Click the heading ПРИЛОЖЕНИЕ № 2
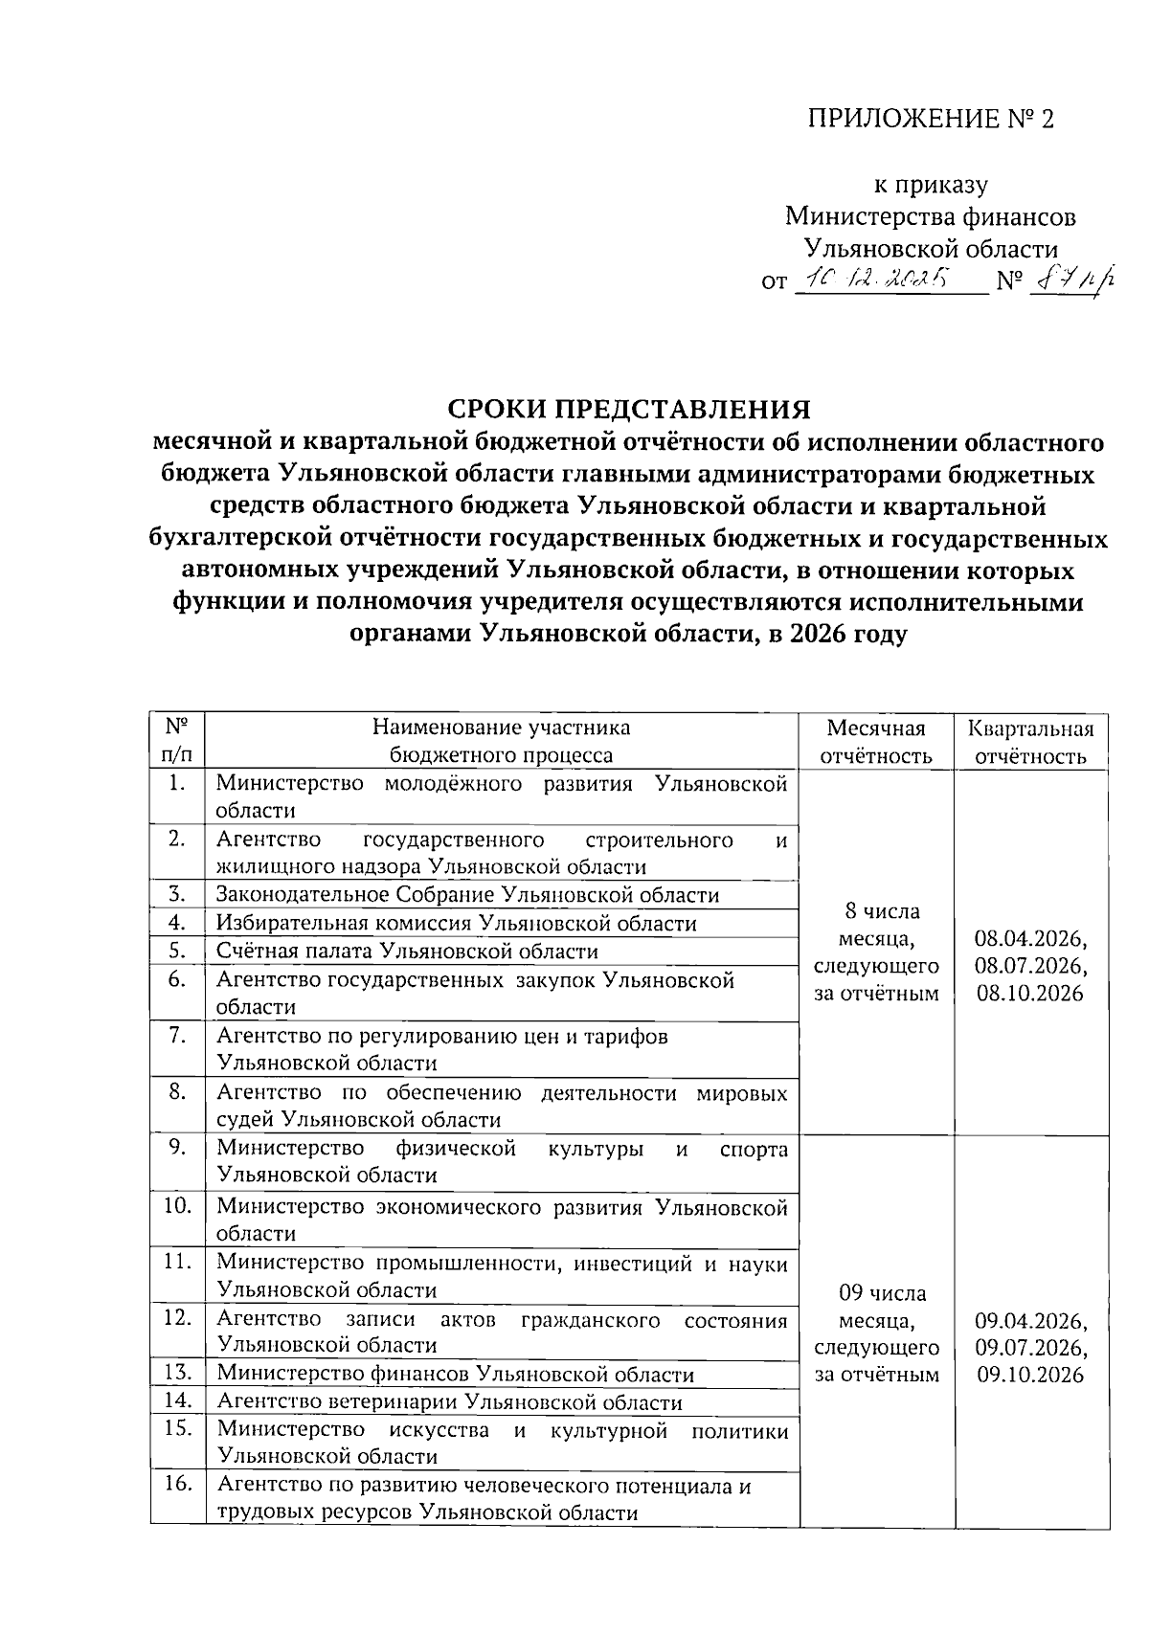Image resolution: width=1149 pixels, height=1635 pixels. pyautogui.click(x=930, y=119)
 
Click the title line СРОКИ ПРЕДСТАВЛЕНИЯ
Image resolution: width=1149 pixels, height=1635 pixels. pyautogui.click(x=629, y=410)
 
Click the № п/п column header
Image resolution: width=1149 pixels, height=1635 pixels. pyautogui.click(x=177, y=740)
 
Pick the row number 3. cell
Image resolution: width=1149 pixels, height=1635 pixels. pyautogui.click(x=177, y=894)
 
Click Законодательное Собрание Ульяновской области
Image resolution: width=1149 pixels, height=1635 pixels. pyautogui.click(x=467, y=895)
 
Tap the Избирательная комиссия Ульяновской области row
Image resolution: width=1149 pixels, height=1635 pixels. pyautogui.click(x=456, y=924)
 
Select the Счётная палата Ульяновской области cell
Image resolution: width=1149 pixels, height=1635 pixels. pyautogui.click(x=407, y=952)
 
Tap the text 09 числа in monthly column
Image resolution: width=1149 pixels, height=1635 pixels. pyautogui.click(x=881, y=1293)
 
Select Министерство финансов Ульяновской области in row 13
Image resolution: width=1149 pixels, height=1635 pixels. pyautogui.click(x=455, y=1375)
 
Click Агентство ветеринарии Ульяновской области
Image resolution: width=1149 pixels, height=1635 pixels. pyautogui.click(x=449, y=1402)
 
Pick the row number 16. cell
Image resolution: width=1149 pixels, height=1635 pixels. pyautogui.click(x=177, y=1484)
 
